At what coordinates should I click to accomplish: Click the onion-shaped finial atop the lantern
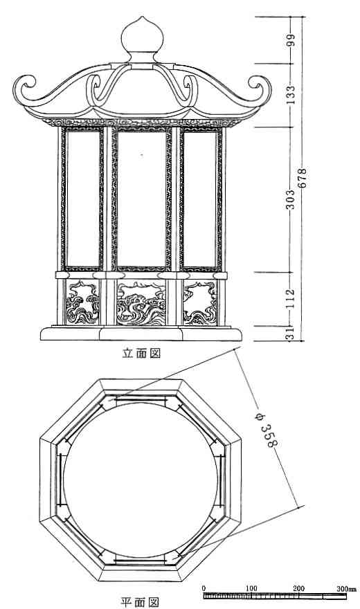click(x=142, y=39)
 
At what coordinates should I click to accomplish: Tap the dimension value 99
click(x=291, y=40)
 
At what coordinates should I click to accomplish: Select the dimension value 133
click(x=291, y=94)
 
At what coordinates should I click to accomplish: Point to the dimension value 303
click(x=291, y=199)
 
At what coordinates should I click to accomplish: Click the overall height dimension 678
click(x=303, y=178)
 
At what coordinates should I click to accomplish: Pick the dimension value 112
click(x=291, y=298)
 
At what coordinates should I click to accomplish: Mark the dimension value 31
click(x=290, y=334)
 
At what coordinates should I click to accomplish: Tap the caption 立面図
click(x=141, y=353)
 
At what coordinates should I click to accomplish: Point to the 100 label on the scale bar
click(x=251, y=588)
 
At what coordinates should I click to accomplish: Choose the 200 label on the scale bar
click(x=298, y=588)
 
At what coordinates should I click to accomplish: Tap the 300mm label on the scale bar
click(x=346, y=589)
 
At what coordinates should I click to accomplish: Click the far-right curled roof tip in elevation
click(x=260, y=87)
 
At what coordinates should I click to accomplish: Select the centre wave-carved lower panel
click(x=141, y=303)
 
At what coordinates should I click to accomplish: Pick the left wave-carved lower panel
click(x=82, y=303)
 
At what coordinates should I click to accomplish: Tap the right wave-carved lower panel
click(x=199, y=303)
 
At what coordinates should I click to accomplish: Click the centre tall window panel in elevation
click(x=142, y=199)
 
